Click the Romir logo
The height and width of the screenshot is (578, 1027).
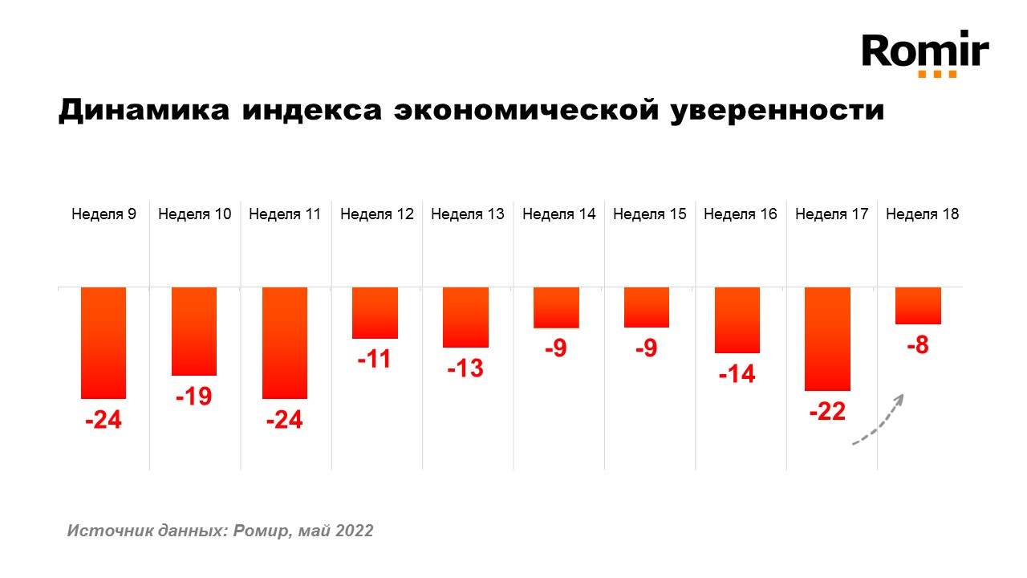[925, 54]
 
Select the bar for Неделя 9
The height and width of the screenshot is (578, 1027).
[104, 342]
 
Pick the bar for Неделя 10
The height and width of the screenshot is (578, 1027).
[194, 331]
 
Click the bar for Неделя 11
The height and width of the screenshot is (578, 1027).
[285, 342]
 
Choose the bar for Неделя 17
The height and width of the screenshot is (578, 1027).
[827, 338]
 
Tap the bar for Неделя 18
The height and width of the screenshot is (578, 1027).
[918, 305]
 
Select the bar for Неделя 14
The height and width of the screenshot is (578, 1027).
[556, 307]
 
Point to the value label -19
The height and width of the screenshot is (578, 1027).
[193, 396]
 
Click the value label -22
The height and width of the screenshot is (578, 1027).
[827, 412]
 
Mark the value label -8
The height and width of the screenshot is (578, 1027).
[918, 346]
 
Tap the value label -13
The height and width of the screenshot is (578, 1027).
[466, 368]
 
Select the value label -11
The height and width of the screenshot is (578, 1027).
[374, 359]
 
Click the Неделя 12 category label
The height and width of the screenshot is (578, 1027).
[376, 214]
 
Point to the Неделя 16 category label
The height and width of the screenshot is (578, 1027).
[741, 214]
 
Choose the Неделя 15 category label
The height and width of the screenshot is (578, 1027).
[650, 214]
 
